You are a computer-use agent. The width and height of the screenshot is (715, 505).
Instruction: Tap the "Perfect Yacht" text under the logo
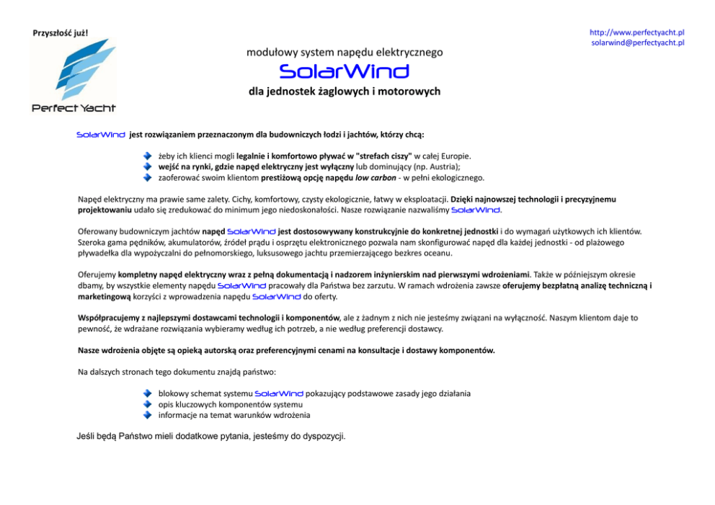tap(74, 108)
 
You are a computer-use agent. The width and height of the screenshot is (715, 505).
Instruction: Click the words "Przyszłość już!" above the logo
tap(61, 33)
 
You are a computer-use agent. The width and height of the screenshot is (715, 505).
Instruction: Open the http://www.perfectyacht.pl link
tap(636, 32)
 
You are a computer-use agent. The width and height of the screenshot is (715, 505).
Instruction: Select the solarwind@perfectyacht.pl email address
tap(637, 43)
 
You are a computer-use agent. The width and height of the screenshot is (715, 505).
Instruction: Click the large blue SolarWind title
tap(344, 71)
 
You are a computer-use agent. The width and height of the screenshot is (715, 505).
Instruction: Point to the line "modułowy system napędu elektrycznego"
tap(345, 53)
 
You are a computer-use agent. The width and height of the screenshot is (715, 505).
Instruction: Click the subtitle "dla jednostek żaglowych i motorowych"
tap(344, 91)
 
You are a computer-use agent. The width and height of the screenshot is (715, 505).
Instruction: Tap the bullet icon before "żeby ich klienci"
tap(147, 156)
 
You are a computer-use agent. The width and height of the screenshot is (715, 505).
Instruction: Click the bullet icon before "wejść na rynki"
tap(147, 166)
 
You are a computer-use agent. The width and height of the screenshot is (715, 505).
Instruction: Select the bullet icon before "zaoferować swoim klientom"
tap(147, 177)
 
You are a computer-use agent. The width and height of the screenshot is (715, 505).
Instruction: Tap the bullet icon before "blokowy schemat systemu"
tap(147, 394)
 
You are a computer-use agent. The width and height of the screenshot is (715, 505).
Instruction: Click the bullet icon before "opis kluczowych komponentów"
tap(147, 405)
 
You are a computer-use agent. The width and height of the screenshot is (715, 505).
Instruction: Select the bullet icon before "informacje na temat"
tap(147, 416)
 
